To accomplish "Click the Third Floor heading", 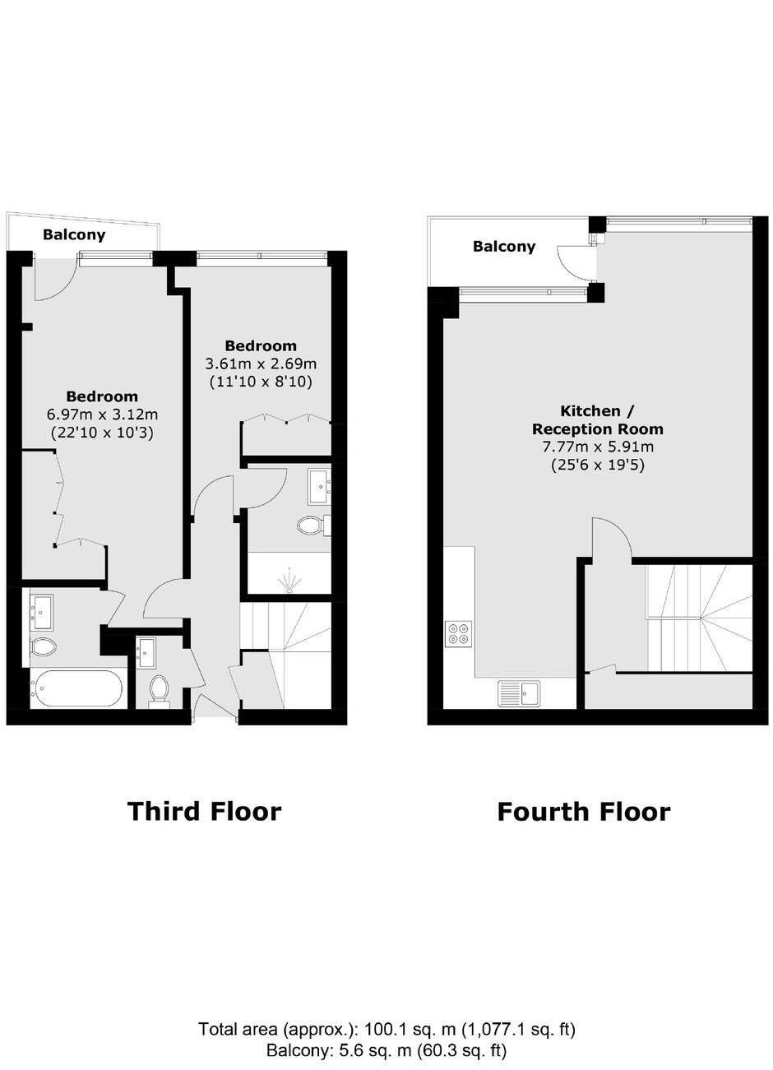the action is pyautogui.click(x=204, y=812).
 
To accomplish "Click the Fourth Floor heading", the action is pyautogui.click(x=583, y=812).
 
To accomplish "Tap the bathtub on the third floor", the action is pyautogui.click(x=77, y=688).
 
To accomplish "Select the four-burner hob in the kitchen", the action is pyautogui.click(x=459, y=633).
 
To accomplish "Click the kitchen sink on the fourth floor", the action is pyautogui.click(x=519, y=693).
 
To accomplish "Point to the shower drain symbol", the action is pyautogui.click(x=289, y=580).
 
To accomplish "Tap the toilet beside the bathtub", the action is pyautogui.click(x=43, y=646).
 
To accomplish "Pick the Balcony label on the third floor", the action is pyautogui.click(x=74, y=234).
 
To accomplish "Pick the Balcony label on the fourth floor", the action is pyautogui.click(x=504, y=247).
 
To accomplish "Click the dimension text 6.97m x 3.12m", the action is pyautogui.click(x=102, y=415).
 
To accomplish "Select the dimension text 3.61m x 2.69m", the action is pyautogui.click(x=261, y=364).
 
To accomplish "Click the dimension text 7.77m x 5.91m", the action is pyautogui.click(x=598, y=447).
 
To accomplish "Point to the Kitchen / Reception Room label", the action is pyautogui.click(x=598, y=419).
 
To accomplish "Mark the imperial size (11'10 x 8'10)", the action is pyautogui.click(x=261, y=382).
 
